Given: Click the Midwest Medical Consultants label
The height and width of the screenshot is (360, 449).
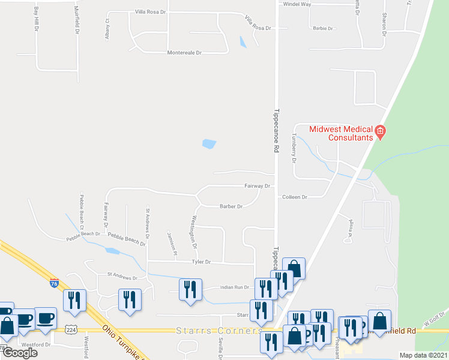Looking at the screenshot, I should [340, 133].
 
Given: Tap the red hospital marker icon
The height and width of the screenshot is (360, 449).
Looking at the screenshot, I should [379, 131].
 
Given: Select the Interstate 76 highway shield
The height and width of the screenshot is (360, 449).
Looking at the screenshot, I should [54, 283].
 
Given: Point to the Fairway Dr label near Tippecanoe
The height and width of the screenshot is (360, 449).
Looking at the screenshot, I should [258, 186].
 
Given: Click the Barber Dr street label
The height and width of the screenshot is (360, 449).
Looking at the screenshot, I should [231, 206].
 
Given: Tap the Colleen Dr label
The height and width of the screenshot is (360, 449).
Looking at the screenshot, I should [294, 197].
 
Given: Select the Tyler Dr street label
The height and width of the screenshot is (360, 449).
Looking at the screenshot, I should [201, 262].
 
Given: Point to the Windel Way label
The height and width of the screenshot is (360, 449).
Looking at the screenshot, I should [297, 4].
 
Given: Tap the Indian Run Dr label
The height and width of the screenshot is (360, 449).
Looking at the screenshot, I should [234, 287].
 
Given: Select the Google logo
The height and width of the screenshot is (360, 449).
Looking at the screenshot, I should [19, 352].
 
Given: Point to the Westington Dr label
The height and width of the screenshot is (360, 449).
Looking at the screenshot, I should [194, 232].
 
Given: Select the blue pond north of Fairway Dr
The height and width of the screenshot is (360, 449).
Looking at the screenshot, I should [209, 144].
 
